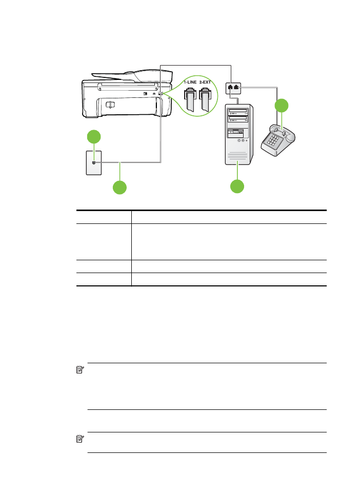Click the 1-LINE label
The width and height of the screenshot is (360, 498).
(190, 82)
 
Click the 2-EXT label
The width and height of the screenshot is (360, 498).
(205, 82)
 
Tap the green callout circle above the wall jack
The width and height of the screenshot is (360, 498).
(94, 137)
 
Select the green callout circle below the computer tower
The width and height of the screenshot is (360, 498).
(237, 186)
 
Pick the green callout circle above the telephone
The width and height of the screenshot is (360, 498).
(282, 106)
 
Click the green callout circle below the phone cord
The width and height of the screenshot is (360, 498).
(119, 188)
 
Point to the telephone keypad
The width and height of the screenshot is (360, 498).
(272, 139)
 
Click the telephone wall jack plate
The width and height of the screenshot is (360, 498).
(94, 163)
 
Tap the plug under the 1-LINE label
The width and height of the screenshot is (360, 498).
(190, 99)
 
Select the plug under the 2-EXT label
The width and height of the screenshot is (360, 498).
(205, 99)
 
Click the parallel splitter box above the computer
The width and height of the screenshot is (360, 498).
(233, 88)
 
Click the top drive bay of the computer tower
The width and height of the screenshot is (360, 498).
(238, 111)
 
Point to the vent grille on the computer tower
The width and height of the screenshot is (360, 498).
(237, 156)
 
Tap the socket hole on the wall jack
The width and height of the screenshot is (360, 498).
(94, 162)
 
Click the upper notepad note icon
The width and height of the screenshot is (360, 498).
(80, 370)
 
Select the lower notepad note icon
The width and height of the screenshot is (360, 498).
(80, 439)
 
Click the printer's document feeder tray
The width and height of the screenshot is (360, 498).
(132, 75)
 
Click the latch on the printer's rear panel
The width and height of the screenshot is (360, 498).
(110, 105)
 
